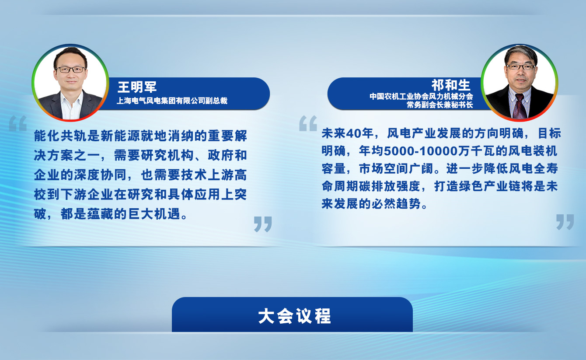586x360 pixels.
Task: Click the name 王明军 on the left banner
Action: point(137,87)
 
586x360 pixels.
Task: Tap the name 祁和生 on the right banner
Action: point(451,85)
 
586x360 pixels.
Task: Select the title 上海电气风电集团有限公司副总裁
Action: point(172,101)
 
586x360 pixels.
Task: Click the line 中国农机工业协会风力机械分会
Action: point(421,96)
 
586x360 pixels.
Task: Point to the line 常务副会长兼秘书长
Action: point(440,105)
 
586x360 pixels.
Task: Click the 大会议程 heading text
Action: point(295,316)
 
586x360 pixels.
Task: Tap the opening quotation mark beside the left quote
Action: point(18,123)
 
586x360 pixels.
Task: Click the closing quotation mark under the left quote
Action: point(263,224)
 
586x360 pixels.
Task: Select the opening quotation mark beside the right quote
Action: point(308,123)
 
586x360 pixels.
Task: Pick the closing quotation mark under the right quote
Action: point(565,222)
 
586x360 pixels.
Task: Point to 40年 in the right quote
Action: point(359,133)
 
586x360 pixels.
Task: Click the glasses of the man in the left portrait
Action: point(71,70)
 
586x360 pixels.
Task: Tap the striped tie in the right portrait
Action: point(519,106)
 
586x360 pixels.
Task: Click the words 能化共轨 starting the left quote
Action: point(60,136)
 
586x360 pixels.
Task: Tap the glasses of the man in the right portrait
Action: point(520,67)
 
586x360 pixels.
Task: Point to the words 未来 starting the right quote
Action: point(334,133)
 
